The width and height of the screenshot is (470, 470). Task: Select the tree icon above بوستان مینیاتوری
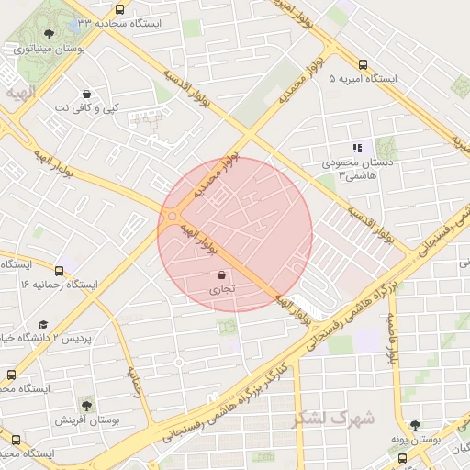(49, 34)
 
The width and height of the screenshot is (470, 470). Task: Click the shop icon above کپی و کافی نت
(86, 94)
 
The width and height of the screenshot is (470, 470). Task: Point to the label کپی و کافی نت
(86, 109)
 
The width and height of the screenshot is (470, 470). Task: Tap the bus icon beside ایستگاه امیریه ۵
(364, 65)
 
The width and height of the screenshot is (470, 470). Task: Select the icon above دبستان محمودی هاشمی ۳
(358, 148)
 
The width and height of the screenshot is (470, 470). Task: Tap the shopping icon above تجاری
(221, 274)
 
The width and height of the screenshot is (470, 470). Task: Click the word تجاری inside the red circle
(221, 290)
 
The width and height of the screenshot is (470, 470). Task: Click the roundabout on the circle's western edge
(170, 218)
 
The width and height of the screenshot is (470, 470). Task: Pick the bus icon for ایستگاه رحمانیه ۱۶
(60, 271)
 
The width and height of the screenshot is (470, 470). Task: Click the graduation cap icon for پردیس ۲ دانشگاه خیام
(43, 324)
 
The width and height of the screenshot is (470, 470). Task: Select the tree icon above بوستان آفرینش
(85, 404)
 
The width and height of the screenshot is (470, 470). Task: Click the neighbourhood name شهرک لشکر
(333, 419)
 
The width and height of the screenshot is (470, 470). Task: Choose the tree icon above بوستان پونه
(416, 425)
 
